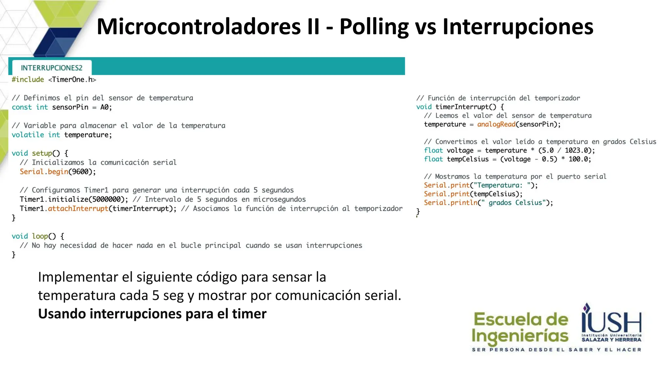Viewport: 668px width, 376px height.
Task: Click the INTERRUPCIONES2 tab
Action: click(52, 68)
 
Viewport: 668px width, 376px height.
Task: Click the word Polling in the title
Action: click(374, 27)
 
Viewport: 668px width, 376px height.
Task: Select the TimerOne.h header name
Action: click(72, 80)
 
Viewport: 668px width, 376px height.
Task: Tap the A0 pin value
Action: click(104, 107)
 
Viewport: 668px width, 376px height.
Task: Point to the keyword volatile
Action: click(28, 135)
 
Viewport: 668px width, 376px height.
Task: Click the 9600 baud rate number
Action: click(80, 172)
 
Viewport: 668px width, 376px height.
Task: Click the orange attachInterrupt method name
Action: click(78, 209)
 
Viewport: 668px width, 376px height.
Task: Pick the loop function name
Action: click(40, 236)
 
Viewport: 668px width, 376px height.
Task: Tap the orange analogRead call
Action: click(496, 124)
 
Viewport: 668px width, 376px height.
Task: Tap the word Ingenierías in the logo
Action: click(520, 336)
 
